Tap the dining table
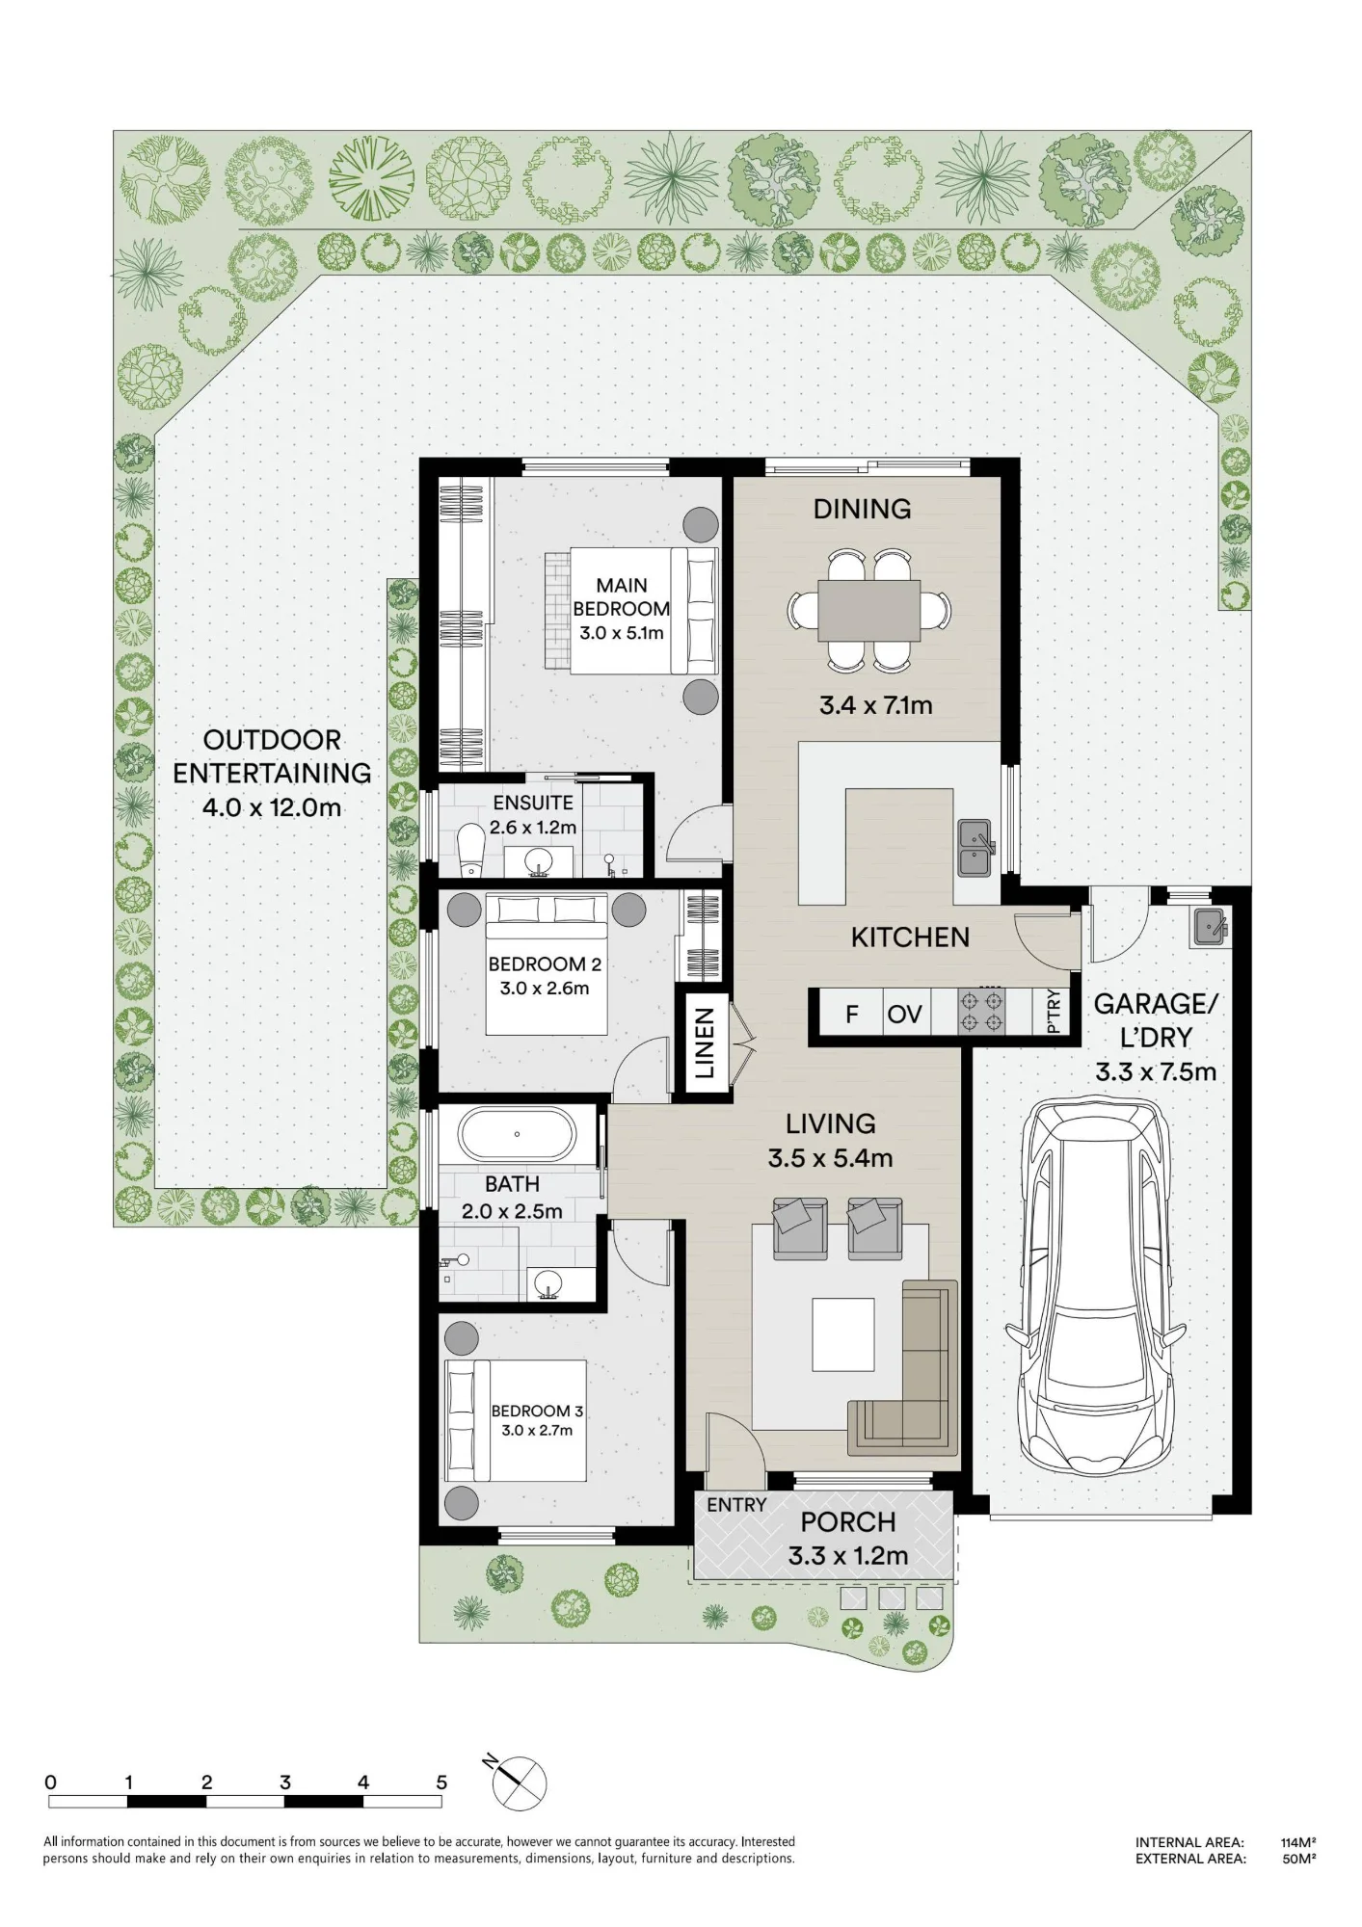coord(868,610)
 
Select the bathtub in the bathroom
coord(518,1135)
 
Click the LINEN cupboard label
coord(705,1043)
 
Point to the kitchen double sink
coord(975,848)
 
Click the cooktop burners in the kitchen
coord(981,1013)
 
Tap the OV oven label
coord(904,1014)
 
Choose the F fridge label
coord(852,1014)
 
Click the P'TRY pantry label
coord(1053,1012)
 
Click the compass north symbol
coord(518,1783)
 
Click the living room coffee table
coord(843,1334)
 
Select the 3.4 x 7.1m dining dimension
coord(876,705)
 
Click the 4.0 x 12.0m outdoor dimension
coord(272,807)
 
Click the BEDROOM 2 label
coord(545,963)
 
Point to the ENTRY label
coord(736,1504)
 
